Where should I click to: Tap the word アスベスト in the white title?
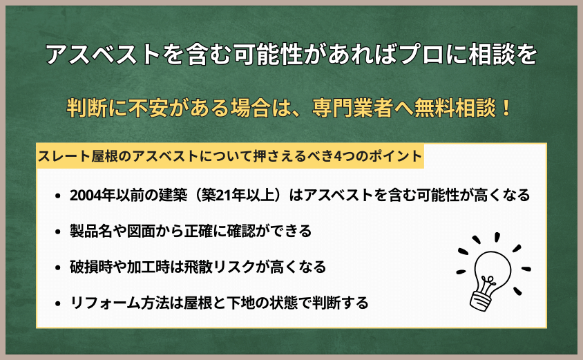click(104, 56)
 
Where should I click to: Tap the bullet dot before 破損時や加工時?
click(57, 267)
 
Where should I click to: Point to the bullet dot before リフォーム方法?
click(57, 303)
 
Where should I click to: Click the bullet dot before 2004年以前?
click(57, 196)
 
